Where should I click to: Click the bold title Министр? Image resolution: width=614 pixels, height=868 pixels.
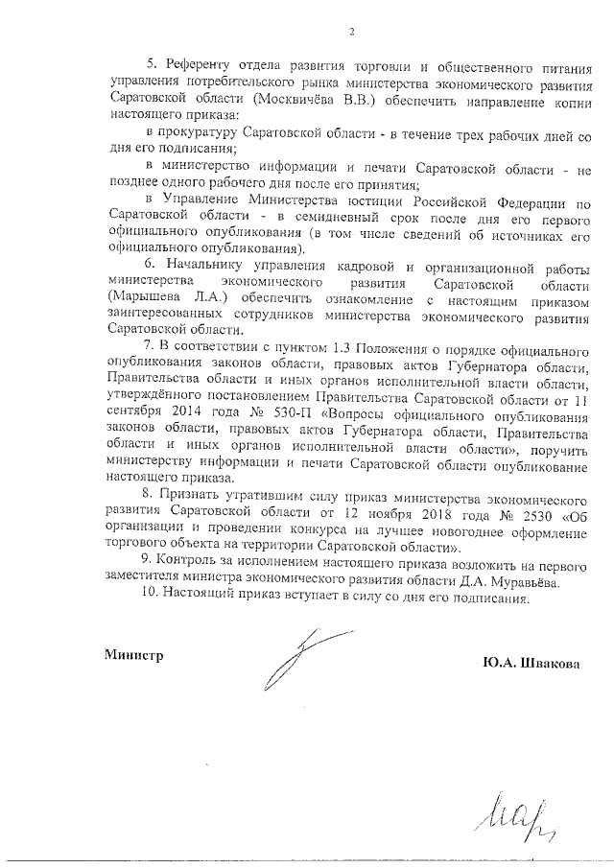134,655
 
